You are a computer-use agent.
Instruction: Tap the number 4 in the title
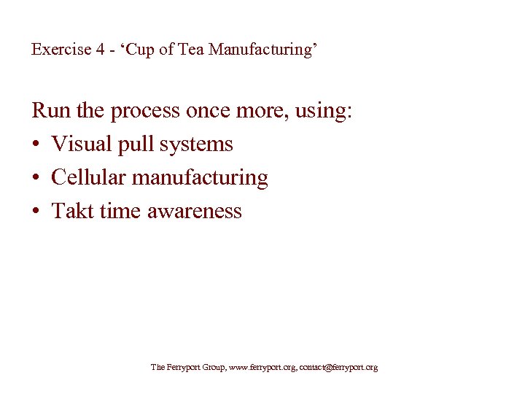[x=99, y=50]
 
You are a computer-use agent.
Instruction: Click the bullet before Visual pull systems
[x=36, y=144]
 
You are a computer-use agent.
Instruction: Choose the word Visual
[x=81, y=144]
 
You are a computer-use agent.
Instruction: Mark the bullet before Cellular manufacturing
[x=36, y=178]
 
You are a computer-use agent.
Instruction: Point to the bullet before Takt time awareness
[x=36, y=212]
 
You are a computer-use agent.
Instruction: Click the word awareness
[x=194, y=212]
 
